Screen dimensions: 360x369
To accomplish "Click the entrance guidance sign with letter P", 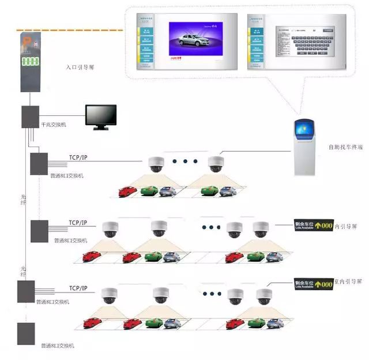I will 30,61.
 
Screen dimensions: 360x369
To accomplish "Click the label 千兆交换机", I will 54,125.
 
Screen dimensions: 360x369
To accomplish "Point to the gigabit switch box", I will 30,117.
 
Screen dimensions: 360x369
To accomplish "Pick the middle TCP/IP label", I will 78,223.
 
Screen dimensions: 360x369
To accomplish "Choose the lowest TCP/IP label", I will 78,288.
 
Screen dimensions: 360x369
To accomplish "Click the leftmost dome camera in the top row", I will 156,164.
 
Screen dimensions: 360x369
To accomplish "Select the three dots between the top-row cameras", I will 184,161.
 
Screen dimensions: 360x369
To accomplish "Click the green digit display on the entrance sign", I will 31,61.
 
